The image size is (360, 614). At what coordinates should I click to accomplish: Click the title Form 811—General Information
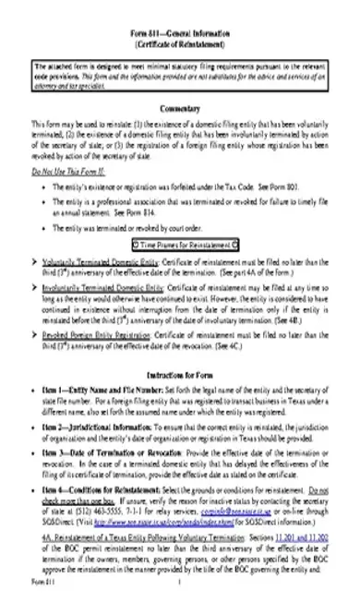pos(181,32)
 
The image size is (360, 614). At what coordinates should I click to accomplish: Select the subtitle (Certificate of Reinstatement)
pos(181,43)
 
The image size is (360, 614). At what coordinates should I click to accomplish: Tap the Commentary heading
pos(181,107)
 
